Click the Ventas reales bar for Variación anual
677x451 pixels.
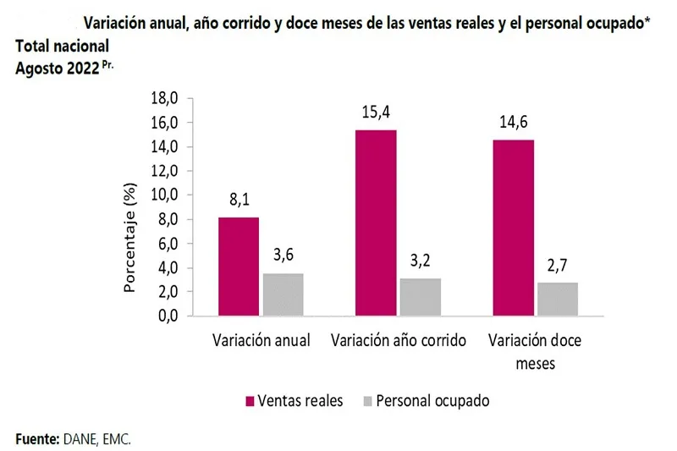click(238, 267)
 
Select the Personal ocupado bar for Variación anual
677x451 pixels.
click(283, 294)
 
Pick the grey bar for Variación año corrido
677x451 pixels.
click(420, 297)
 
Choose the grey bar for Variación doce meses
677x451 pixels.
click(558, 299)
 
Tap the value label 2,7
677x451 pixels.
click(558, 267)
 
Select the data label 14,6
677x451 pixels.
click(513, 123)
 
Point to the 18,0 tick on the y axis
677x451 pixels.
click(164, 98)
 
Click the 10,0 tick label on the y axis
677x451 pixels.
click(164, 195)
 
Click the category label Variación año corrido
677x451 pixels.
click(399, 341)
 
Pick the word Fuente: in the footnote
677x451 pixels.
click(36, 438)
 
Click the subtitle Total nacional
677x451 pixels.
click(59, 50)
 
